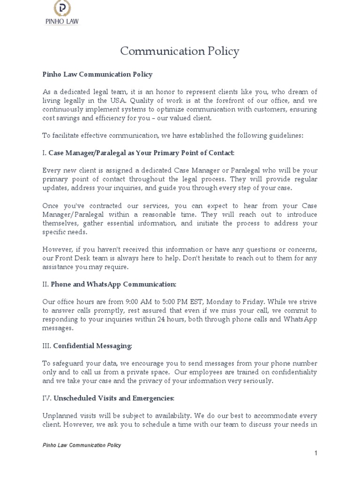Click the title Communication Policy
[180, 51]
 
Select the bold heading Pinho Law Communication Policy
[97, 75]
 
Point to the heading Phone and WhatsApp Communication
[113, 285]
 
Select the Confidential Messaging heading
[92, 346]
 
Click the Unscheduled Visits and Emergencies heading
[113, 398]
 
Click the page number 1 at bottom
[316, 453]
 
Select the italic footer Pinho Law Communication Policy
[82, 445]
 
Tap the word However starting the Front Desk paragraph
[58, 249]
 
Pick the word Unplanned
[59, 416]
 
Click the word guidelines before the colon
[285, 135]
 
